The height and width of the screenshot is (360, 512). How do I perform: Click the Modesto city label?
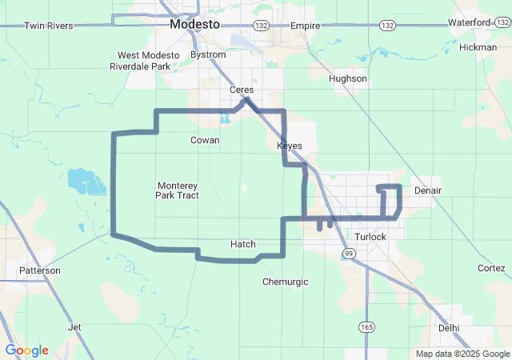click(x=194, y=25)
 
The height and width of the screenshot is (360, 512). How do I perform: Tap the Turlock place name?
click(x=370, y=238)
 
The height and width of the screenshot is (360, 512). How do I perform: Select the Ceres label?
click(x=241, y=90)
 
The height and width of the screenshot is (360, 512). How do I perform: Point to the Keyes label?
click(x=290, y=146)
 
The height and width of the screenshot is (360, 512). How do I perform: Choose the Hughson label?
click(x=349, y=78)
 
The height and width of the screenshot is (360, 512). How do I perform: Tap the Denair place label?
click(x=428, y=190)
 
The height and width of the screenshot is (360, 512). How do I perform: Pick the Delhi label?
click(x=450, y=328)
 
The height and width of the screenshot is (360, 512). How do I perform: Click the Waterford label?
click(x=470, y=22)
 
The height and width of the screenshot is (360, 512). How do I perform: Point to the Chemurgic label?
click(x=286, y=282)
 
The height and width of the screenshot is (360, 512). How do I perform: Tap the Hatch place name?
click(x=242, y=244)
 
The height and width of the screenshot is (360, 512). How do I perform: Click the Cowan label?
click(x=205, y=140)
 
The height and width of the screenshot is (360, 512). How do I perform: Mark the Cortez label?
click(x=491, y=268)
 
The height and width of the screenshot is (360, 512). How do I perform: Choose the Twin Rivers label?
click(x=48, y=26)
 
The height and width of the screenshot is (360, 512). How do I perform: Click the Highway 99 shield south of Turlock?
click(x=348, y=254)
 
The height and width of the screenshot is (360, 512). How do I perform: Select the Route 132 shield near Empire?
click(x=261, y=26)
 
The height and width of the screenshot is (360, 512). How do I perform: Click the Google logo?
click(x=26, y=350)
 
